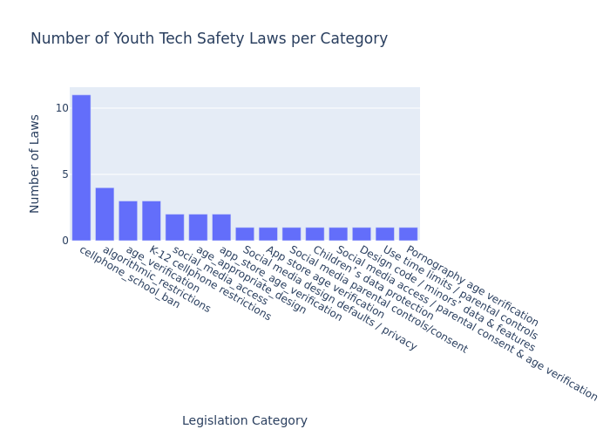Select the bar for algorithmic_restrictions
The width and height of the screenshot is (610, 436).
[x=105, y=214]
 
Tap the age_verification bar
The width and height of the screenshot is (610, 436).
[x=128, y=221]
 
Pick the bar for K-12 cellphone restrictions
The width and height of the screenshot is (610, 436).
[x=152, y=221]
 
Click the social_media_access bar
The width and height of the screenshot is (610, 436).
[x=174, y=228]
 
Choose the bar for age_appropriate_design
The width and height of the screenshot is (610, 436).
[x=198, y=228]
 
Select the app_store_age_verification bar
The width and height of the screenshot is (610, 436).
[x=221, y=228]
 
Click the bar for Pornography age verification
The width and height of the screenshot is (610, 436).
[x=408, y=234]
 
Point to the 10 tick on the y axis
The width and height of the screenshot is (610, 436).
[x=62, y=108]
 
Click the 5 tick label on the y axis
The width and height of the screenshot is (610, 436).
[x=64, y=174]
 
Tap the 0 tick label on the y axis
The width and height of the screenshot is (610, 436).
[x=64, y=241]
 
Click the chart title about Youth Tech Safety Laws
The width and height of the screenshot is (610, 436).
[x=209, y=39]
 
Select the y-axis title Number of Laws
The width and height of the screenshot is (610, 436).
[x=35, y=163]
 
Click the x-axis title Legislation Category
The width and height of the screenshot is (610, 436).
[x=245, y=421]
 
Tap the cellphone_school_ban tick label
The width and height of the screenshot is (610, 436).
[x=129, y=277]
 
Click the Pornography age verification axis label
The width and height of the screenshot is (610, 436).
[x=471, y=285]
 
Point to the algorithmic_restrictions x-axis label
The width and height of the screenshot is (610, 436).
[x=156, y=279]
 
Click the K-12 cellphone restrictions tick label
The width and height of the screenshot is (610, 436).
[x=209, y=283]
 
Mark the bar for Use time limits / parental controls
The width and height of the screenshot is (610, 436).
[x=384, y=234]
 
